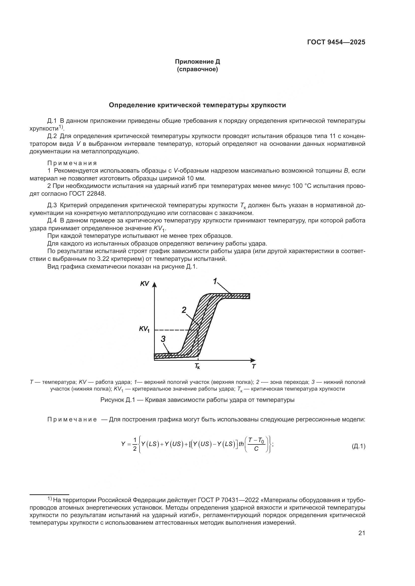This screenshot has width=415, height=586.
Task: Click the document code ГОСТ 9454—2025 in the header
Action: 336,42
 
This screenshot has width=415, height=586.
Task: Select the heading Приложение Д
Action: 197,62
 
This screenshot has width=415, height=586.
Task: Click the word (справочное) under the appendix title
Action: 197,69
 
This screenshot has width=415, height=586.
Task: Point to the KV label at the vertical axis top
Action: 144,284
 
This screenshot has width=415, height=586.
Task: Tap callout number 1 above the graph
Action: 215,281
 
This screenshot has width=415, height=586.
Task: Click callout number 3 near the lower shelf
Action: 163,339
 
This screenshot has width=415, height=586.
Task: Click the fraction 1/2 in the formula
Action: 135,444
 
